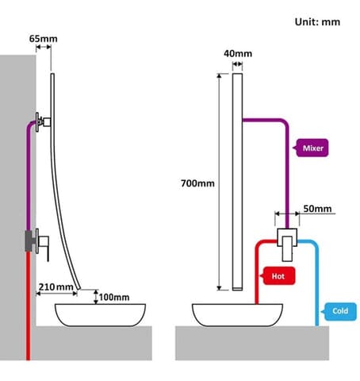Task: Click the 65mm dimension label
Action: click(x=44, y=39)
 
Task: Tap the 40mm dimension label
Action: click(x=238, y=54)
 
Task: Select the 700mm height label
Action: click(x=197, y=183)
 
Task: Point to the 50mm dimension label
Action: click(x=317, y=209)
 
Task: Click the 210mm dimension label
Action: click(x=56, y=287)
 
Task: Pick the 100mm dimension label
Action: click(x=114, y=298)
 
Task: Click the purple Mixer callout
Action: click(x=311, y=148)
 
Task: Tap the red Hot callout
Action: click(x=278, y=276)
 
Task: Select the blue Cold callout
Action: click(x=339, y=311)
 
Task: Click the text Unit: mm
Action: click(x=317, y=22)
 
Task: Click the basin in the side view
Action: click(x=100, y=315)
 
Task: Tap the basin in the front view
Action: click(x=237, y=315)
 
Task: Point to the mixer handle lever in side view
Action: click(x=48, y=249)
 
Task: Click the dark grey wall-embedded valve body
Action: click(x=30, y=241)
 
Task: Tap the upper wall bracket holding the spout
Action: click(x=42, y=122)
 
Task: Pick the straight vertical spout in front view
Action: click(x=237, y=182)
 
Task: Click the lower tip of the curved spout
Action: click(x=79, y=288)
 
